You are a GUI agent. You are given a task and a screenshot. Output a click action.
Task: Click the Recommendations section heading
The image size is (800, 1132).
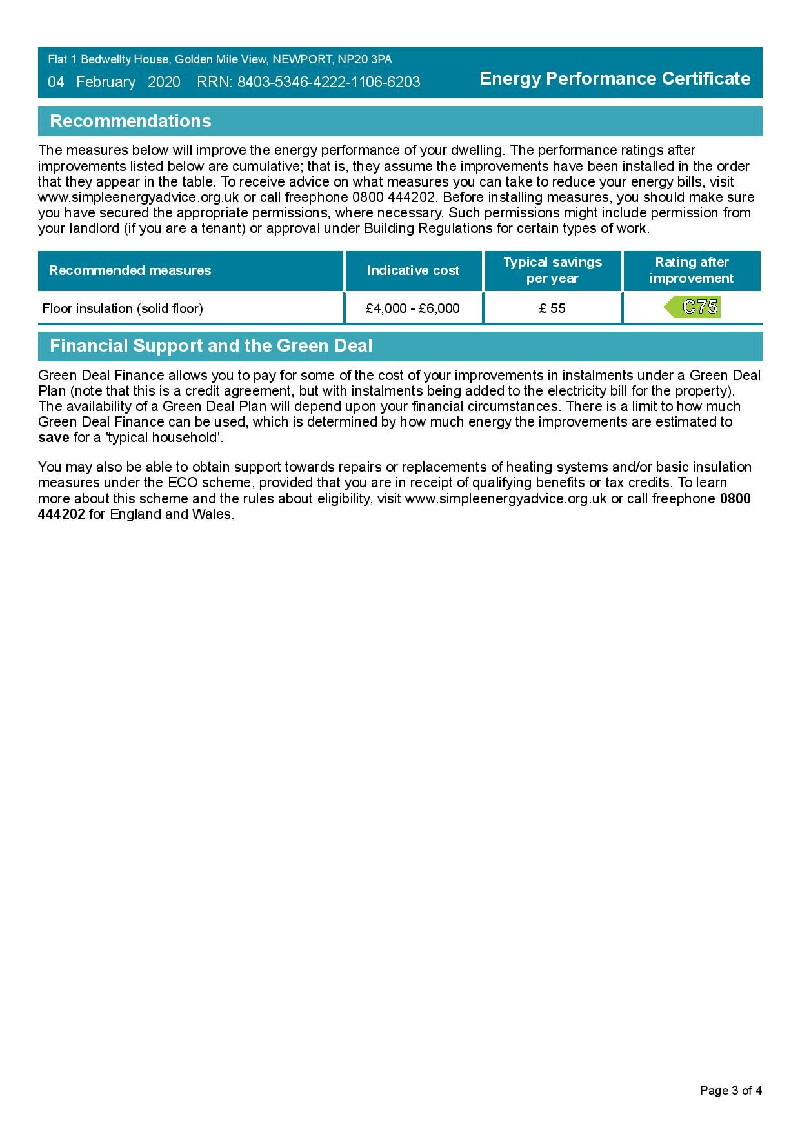[130, 121]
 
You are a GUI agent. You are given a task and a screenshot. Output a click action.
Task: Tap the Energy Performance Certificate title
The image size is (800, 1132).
[615, 79]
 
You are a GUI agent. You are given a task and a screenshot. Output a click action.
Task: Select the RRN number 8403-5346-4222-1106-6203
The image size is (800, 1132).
[328, 82]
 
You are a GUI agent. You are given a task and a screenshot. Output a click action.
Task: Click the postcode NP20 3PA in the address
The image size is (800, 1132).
[365, 59]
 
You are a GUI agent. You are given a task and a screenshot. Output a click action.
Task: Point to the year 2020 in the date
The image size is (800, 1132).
[164, 82]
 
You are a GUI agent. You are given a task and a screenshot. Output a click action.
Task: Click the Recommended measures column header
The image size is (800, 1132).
[130, 270]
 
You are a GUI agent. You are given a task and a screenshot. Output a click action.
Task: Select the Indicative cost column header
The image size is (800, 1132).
[413, 270]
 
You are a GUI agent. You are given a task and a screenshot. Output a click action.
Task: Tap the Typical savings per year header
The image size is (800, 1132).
[552, 270]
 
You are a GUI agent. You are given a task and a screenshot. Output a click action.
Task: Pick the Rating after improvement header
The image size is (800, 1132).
[692, 270]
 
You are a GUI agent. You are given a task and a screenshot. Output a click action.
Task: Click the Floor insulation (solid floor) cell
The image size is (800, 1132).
[123, 308]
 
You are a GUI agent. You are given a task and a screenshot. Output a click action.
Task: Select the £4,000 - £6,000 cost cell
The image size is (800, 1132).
[413, 308]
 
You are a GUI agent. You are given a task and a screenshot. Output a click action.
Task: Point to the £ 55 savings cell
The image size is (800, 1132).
[552, 308]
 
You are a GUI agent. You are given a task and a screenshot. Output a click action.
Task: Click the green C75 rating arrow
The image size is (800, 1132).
[693, 307]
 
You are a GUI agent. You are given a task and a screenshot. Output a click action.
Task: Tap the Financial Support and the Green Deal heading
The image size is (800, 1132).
[211, 346]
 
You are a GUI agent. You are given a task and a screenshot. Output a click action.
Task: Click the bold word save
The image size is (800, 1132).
[54, 438]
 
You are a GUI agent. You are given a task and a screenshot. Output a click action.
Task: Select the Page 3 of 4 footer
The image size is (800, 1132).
[731, 1091]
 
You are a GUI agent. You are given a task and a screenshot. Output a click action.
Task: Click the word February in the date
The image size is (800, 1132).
[106, 82]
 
